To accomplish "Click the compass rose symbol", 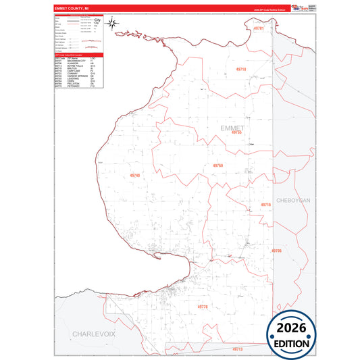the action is [x=113, y=24].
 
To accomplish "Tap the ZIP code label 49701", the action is [x=258, y=30].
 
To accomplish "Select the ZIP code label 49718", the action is [x=241, y=70].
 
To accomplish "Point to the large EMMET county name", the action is [x=232, y=127].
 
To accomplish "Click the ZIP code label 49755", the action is [x=236, y=133].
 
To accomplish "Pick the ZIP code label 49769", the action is [x=217, y=165].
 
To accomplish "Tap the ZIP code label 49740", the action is [x=134, y=176].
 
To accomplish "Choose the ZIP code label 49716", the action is [x=265, y=204].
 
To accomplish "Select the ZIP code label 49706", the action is [x=276, y=251].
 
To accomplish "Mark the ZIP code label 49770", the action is [x=203, y=306].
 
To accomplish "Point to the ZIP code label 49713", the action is [x=237, y=349].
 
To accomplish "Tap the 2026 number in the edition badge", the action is [x=291, y=328].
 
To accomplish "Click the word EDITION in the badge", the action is [x=291, y=343].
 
